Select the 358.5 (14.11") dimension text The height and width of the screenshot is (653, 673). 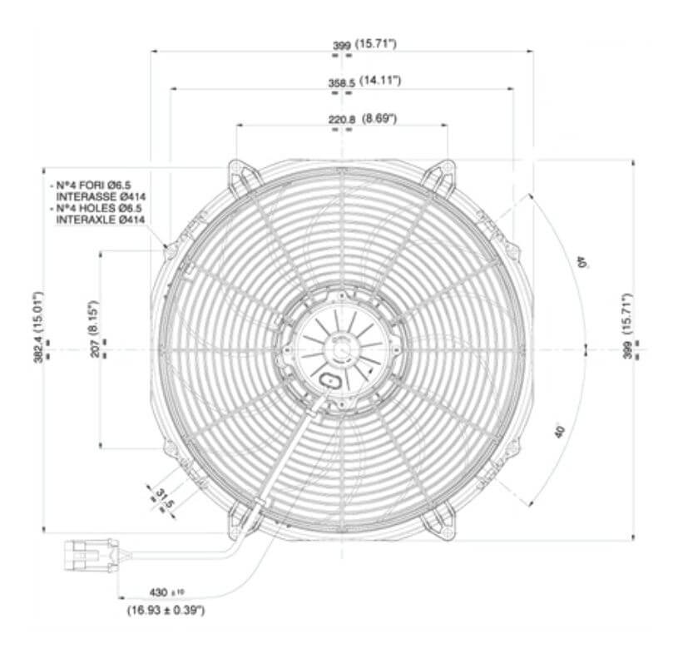pos(364,81)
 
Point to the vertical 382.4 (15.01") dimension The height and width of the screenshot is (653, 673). pos(37,329)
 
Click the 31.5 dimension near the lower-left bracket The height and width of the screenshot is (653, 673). pos(163,498)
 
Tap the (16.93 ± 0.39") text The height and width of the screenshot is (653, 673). pos(166,610)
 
